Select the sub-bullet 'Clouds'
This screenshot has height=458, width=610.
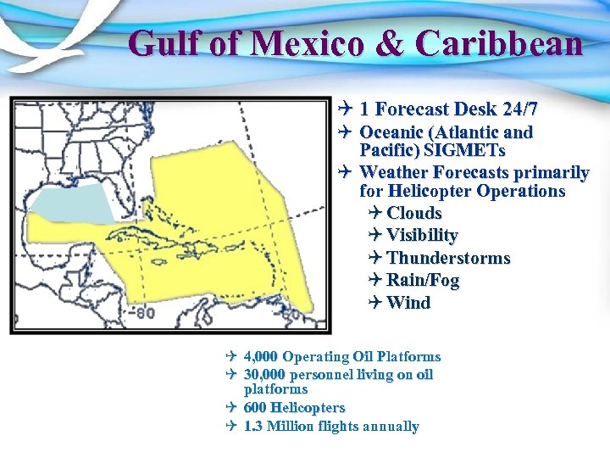(414, 213)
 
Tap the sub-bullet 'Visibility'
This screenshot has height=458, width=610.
(422, 235)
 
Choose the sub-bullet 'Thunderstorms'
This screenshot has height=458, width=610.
(448, 258)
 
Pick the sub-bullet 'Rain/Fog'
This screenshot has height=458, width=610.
(423, 280)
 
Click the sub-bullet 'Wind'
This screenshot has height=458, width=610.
(408, 303)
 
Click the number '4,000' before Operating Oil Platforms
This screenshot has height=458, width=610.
(261, 357)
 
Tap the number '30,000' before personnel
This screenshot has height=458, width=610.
(264, 374)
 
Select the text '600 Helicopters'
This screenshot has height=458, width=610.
(294, 408)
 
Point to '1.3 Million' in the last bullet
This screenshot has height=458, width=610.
(283, 426)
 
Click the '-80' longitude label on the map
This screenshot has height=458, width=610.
(142, 313)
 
